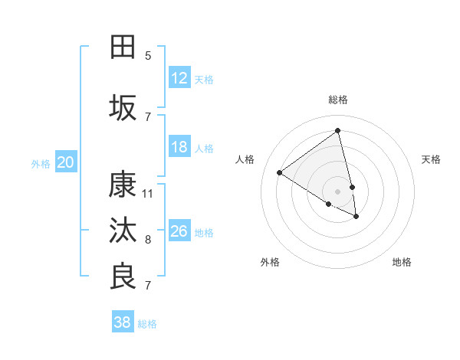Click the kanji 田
tap(123, 47)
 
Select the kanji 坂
tap(123, 108)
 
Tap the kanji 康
tap(123, 185)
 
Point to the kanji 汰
tap(123, 231)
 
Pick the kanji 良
tap(123, 277)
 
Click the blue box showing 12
tap(179, 78)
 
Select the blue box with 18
tap(179, 147)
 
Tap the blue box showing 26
tap(179, 231)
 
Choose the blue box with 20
tap(66, 162)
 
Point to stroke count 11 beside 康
tap(148, 194)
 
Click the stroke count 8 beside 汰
tap(148, 240)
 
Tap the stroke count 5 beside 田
tap(148, 56)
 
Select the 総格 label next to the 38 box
tap(147, 324)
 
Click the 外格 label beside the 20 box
tap(41, 163)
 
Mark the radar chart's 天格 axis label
tap(431, 159)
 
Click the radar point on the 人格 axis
tap(280, 172)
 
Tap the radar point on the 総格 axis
tap(338, 131)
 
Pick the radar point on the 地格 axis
tap(356, 217)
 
